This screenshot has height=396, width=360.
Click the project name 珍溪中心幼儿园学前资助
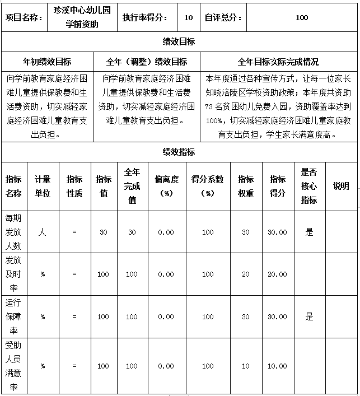83,17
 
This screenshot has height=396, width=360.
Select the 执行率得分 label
144,18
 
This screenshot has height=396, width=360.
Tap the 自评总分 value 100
301,18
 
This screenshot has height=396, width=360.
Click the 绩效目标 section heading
179,42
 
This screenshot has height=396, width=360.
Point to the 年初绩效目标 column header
47,62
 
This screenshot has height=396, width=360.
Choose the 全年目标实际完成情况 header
278,62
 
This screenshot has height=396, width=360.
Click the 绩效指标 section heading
179,152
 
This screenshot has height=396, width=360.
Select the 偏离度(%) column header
166,186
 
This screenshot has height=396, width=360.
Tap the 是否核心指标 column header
309,186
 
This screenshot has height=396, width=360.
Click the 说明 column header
340,186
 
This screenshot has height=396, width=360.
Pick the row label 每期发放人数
13,232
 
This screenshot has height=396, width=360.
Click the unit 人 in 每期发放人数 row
43,232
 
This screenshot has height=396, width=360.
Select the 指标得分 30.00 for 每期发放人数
278,232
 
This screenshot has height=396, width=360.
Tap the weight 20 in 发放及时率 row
246,274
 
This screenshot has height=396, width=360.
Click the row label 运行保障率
13,316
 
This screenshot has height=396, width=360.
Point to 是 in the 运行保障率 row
309,316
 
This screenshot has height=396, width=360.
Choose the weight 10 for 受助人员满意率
246,366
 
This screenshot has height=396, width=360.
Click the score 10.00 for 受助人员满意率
278,366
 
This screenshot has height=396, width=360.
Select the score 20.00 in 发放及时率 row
278,274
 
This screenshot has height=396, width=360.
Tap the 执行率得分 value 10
189,18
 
